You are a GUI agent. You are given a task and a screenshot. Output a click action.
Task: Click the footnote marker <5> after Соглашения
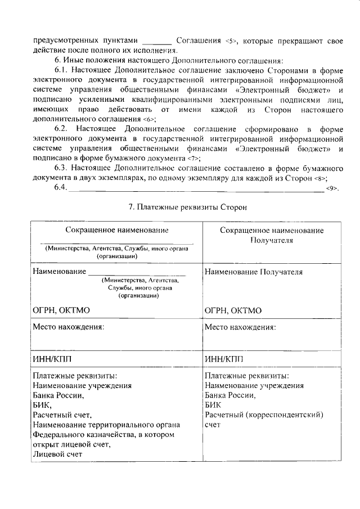point(231,42)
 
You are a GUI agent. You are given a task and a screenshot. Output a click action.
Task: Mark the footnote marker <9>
point(332,188)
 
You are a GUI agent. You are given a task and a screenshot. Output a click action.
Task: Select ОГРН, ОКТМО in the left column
point(61,310)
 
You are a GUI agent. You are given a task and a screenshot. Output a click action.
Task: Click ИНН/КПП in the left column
point(52,358)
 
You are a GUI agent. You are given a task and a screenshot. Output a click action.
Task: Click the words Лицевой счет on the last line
point(57,454)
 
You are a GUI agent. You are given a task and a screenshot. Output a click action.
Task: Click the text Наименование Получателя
point(254,272)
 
